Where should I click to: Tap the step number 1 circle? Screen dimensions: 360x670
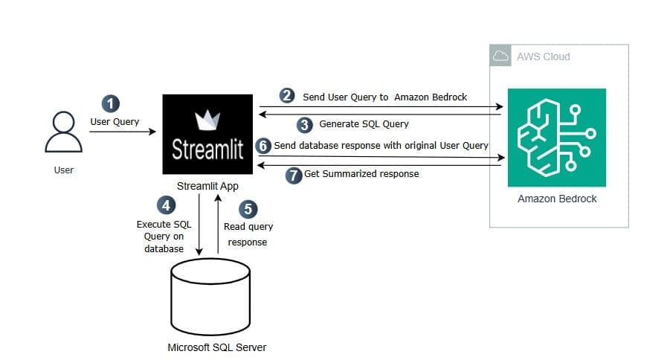(111, 104)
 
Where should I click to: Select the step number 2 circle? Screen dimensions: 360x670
(287, 96)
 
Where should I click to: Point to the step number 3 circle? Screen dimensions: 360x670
(305, 124)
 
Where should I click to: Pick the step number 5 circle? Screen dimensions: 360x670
(251, 209)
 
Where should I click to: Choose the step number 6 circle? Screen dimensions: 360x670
(263, 146)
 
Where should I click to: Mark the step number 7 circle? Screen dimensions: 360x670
(294, 175)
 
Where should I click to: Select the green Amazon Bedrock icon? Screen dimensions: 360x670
(556, 138)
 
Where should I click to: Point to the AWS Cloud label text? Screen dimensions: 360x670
(543, 57)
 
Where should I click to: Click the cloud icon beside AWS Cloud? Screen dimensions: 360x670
(501, 56)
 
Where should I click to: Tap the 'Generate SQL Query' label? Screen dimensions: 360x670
(364, 124)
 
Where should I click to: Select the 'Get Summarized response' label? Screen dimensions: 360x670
(361, 174)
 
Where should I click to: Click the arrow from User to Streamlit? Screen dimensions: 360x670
(123, 132)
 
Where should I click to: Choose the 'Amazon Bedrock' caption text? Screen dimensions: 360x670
(557, 199)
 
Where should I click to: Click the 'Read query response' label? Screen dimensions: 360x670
(248, 234)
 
